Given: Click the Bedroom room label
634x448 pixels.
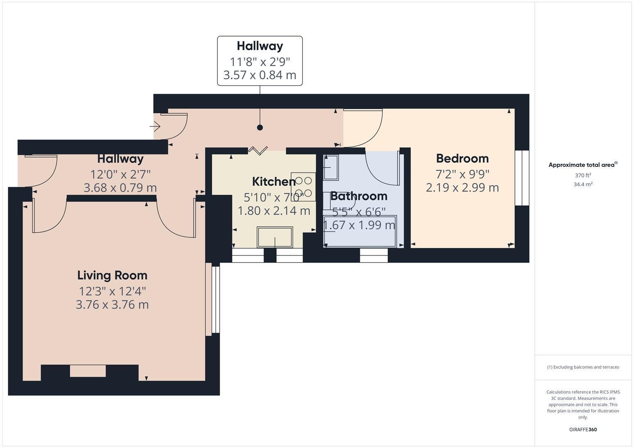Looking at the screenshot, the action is coord(462,158).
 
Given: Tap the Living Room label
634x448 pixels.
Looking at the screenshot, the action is coord(113,275).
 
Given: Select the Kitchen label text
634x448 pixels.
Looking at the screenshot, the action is coord(274,182).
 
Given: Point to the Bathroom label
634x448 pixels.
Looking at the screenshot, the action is coord(359,196).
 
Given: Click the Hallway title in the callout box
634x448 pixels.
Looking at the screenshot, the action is coord(260,46).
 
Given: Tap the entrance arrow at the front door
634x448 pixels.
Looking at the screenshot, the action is coord(155,126).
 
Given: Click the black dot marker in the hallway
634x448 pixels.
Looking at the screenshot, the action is coord(260,128).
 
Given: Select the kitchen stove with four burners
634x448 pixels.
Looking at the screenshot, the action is coord(303,187).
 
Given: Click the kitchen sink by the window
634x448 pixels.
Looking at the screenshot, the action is coord(274,237).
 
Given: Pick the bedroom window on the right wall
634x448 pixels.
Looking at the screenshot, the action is coord(522,178).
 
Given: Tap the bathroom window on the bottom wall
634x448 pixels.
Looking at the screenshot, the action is coord(374,256).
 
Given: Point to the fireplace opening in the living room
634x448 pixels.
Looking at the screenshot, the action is coord(88,371).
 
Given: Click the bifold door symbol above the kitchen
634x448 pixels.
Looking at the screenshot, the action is coord(258,151).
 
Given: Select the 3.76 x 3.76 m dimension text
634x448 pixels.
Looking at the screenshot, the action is coord(112,304).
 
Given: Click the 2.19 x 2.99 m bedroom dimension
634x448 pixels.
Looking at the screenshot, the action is coord(462,187).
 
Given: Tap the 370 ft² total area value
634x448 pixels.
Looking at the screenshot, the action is coord(583,175).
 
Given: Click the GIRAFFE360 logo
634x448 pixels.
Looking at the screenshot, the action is coord(583,429).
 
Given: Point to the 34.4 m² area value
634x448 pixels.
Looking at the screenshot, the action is coord(583,185).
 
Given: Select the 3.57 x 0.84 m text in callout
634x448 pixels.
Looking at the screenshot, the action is coord(260,75).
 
